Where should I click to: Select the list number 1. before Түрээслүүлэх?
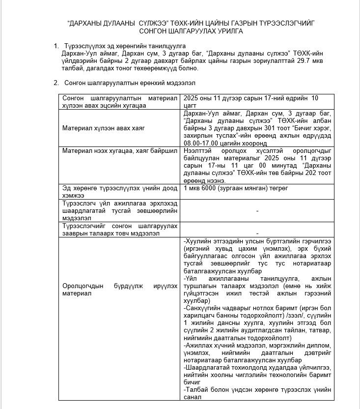[56, 46]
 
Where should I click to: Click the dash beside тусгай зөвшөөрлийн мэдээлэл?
[258, 210]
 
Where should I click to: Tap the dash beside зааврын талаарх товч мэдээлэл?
[258, 233]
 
